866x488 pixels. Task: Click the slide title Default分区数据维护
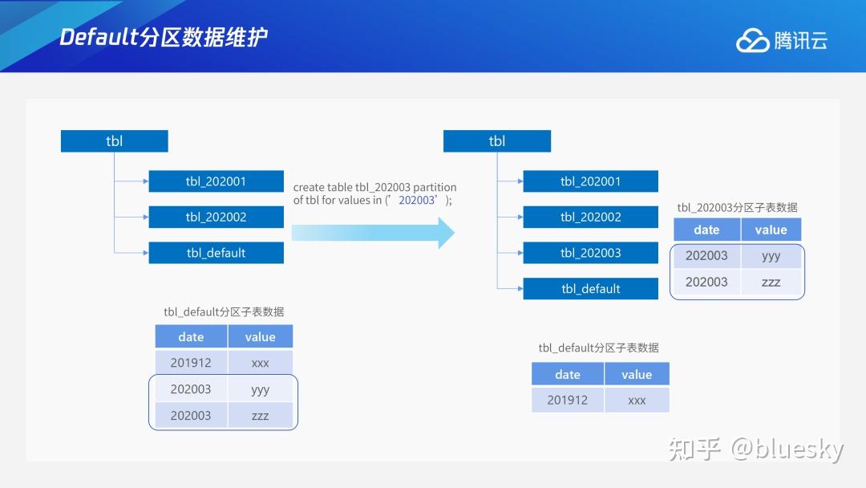[x=164, y=37]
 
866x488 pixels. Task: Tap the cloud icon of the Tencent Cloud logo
[x=752, y=41]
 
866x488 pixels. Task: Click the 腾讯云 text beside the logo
[x=800, y=41]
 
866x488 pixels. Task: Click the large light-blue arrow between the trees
[x=373, y=233]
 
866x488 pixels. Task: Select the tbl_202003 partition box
[x=590, y=253]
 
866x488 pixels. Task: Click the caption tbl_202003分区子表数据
[x=737, y=207]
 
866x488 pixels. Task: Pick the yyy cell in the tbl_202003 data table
[x=771, y=256]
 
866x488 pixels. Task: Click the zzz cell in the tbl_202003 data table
[x=771, y=282]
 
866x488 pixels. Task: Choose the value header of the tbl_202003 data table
[x=771, y=230]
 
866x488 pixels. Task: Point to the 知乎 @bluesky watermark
[x=756, y=449]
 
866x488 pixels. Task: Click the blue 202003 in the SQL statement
[x=416, y=201]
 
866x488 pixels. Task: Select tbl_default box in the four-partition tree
[x=590, y=289]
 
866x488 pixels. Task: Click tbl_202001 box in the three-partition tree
[x=216, y=181]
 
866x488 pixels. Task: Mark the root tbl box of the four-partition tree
[x=497, y=141]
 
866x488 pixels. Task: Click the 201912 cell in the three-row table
[x=191, y=363]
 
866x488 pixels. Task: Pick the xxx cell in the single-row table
[x=637, y=400]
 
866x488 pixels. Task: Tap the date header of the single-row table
[x=567, y=375]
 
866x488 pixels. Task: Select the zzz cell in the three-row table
[x=260, y=416]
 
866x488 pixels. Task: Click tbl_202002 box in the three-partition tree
[x=216, y=218]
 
